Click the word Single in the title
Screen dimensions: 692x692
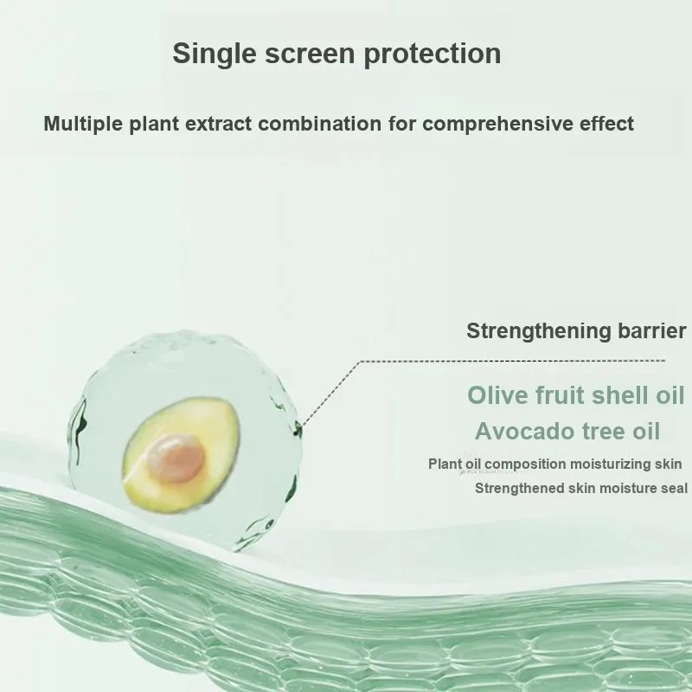click(214, 54)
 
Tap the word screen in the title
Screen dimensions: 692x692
click(310, 54)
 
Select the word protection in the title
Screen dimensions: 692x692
click(432, 54)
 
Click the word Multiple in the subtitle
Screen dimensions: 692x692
click(83, 124)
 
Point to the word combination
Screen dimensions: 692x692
click(319, 123)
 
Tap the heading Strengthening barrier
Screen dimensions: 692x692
click(576, 330)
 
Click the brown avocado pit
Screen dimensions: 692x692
click(176, 458)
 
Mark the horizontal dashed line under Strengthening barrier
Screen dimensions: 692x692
click(513, 361)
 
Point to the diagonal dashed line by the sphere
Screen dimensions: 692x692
click(330, 394)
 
